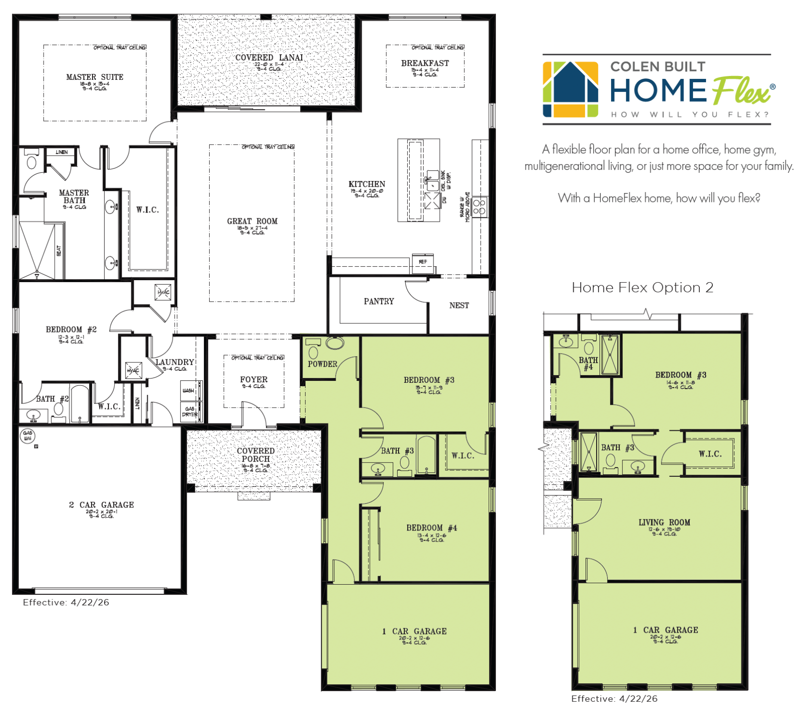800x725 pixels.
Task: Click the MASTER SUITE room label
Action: [94, 77]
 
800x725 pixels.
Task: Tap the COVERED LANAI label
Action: [269, 58]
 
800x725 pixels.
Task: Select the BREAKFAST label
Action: [425, 63]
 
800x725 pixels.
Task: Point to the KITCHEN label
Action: [367, 184]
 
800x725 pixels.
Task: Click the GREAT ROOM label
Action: [252, 221]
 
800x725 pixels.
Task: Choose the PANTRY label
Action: [379, 302]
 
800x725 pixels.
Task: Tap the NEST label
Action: [459, 305]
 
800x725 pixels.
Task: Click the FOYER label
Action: [254, 380]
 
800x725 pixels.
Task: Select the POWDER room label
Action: [323, 364]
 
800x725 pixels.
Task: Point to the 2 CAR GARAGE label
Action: [101, 505]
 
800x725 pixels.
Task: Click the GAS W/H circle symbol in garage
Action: [28, 436]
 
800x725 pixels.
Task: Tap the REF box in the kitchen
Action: [423, 262]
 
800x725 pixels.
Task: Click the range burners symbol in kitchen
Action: [479, 207]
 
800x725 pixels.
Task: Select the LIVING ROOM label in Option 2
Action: [664, 523]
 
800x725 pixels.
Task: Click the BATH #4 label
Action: [588, 363]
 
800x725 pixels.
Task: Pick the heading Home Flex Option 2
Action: [642, 287]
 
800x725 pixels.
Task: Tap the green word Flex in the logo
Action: [741, 91]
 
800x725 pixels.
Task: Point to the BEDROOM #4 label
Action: [431, 528]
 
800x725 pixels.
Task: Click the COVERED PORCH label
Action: [256, 455]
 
